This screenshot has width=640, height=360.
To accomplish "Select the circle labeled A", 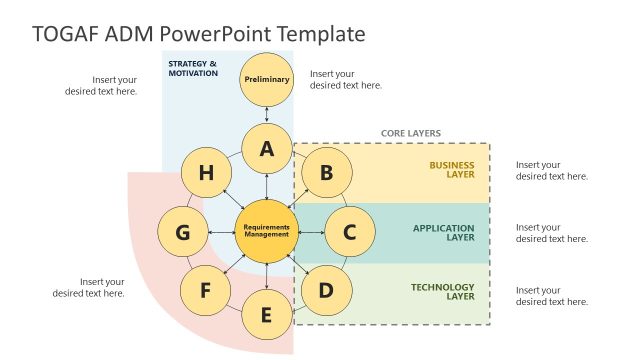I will [x=267, y=149].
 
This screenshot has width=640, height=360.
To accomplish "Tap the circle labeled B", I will [x=326, y=173].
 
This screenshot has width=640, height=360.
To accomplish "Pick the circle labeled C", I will [x=349, y=233].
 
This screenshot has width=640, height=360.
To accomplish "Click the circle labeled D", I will [x=326, y=291].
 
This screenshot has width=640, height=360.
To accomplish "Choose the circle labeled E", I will [x=266, y=315].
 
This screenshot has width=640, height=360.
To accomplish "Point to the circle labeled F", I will [x=206, y=291].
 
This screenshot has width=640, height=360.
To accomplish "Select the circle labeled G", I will [x=183, y=233].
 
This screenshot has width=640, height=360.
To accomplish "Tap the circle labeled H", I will [x=206, y=173].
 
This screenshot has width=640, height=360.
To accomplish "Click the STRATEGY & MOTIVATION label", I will [x=192, y=68].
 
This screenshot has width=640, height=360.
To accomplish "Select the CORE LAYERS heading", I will [x=410, y=133].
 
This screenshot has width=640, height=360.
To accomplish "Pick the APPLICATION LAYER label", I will [x=444, y=233].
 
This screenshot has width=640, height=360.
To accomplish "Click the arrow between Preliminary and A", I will [x=267, y=114].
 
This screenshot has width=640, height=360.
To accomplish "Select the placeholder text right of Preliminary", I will [x=346, y=79].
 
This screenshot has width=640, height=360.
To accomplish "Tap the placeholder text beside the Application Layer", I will [x=552, y=233].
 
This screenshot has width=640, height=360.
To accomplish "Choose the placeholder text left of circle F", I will [x=89, y=287].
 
